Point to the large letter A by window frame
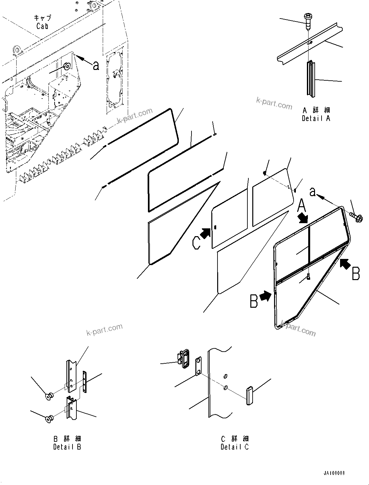point(301,205)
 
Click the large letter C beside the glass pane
point(196,243)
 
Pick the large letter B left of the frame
point(254,301)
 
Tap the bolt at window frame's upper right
point(356,217)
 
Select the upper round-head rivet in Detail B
point(49,396)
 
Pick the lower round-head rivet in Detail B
point(50,420)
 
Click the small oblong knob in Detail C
point(249,395)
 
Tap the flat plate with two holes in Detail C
point(198,367)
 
